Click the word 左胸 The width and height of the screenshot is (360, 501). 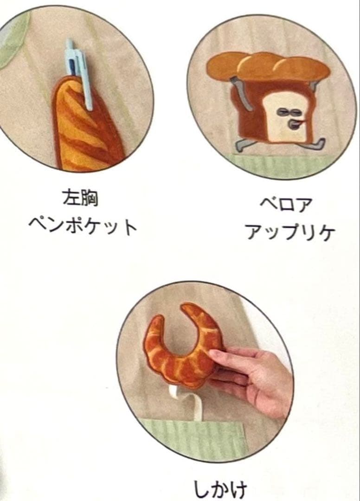point(80,198)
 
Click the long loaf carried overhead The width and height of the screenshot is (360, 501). point(268,65)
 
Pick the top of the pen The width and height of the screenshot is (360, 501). point(70,40)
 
